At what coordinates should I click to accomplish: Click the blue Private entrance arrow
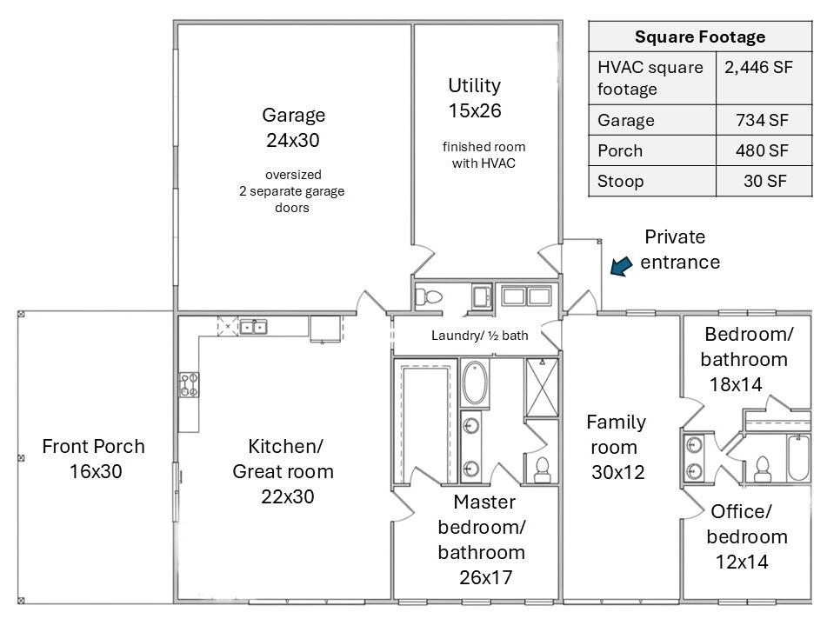click(621, 266)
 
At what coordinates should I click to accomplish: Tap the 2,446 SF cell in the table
click(758, 68)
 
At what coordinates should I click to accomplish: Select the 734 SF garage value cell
click(762, 120)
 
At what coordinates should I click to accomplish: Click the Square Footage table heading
click(700, 37)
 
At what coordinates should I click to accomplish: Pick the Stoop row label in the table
click(620, 182)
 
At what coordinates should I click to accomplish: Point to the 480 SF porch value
click(762, 150)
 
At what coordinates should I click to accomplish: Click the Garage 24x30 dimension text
click(293, 140)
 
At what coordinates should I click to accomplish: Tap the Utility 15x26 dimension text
click(475, 110)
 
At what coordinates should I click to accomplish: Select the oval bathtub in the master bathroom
click(475, 383)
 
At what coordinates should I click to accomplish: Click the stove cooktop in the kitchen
click(189, 384)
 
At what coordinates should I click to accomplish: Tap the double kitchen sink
click(253, 327)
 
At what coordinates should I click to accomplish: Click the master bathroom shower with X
click(542, 388)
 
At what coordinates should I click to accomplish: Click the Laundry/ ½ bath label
click(479, 336)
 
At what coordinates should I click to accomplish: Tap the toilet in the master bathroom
click(542, 469)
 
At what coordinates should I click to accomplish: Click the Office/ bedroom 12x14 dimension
click(742, 562)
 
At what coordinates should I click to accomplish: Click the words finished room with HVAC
click(484, 155)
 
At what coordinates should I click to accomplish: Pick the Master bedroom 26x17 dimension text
click(486, 577)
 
